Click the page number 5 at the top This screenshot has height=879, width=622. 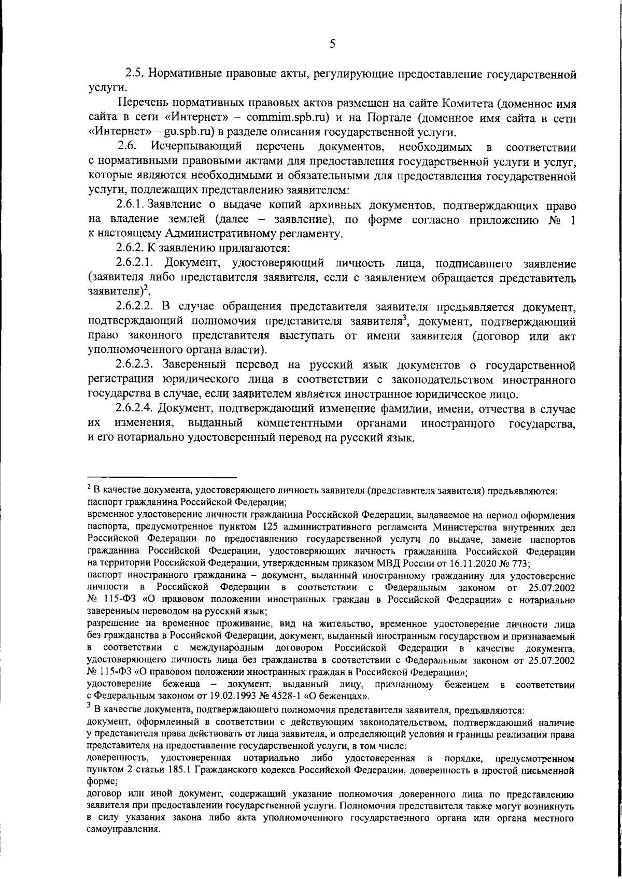coord(332,44)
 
